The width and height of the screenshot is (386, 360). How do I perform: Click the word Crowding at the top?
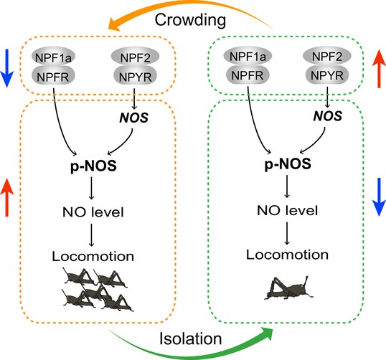[x=190, y=21]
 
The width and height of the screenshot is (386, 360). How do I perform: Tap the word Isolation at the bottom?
[x=191, y=338]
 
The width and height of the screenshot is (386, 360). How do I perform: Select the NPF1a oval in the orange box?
[x=53, y=57]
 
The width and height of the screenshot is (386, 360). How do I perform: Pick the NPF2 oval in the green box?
[x=327, y=56]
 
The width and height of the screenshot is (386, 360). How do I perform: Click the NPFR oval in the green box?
[x=248, y=75]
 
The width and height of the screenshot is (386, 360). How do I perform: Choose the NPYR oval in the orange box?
[x=136, y=76]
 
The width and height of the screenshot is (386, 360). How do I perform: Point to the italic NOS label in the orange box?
[x=134, y=118]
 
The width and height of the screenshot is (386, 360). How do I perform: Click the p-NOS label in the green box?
[x=288, y=164]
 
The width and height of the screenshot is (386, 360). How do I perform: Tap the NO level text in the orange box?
[x=93, y=212]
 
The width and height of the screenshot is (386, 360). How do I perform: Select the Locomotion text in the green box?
[x=287, y=255]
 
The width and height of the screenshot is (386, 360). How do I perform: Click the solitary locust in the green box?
[x=288, y=288]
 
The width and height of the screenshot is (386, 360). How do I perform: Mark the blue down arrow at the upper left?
[x=6, y=68]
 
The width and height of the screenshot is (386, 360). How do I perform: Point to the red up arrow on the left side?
[x=6, y=198]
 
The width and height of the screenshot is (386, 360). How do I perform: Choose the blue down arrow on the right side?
[x=379, y=197]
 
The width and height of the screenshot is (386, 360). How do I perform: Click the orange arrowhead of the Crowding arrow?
[x=115, y=24]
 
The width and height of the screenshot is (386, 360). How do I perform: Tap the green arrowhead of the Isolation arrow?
[x=267, y=333]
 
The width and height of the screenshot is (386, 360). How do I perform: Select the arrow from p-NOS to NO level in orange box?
[x=91, y=188]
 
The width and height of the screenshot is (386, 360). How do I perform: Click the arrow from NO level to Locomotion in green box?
[x=286, y=233]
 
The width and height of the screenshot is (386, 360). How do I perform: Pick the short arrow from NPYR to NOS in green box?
[x=327, y=97]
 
